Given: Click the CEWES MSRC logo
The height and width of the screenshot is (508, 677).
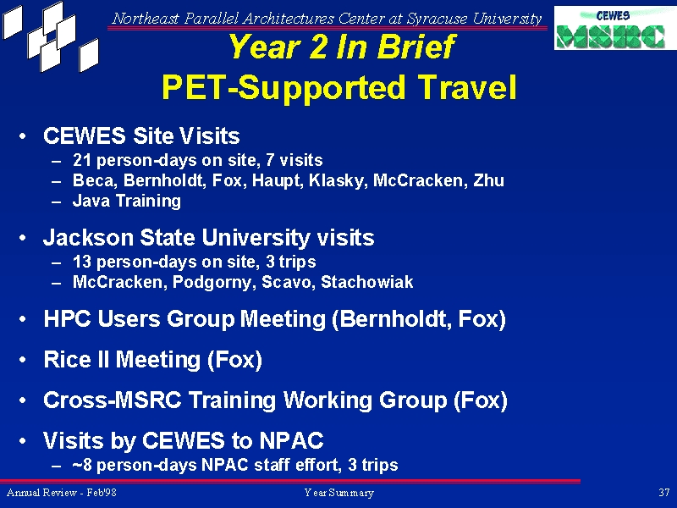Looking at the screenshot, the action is (615, 28).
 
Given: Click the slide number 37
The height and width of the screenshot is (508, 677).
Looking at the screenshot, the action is (664, 492).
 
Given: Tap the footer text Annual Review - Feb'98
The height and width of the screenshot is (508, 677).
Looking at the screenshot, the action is (61, 493).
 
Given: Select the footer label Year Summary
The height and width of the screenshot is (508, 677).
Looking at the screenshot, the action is (339, 493).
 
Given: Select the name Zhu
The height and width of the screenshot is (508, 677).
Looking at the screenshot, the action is (489, 180).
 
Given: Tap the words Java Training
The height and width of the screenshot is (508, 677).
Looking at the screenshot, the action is (126, 201).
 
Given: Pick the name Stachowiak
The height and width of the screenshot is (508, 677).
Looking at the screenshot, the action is (367, 282).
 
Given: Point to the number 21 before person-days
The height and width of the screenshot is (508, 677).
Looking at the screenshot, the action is (82, 160).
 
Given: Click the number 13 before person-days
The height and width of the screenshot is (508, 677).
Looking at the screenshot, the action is (82, 262).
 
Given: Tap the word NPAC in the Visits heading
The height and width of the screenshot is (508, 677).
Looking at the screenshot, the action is (291, 440).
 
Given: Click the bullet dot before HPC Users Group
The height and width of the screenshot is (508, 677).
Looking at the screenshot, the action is (23, 319).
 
